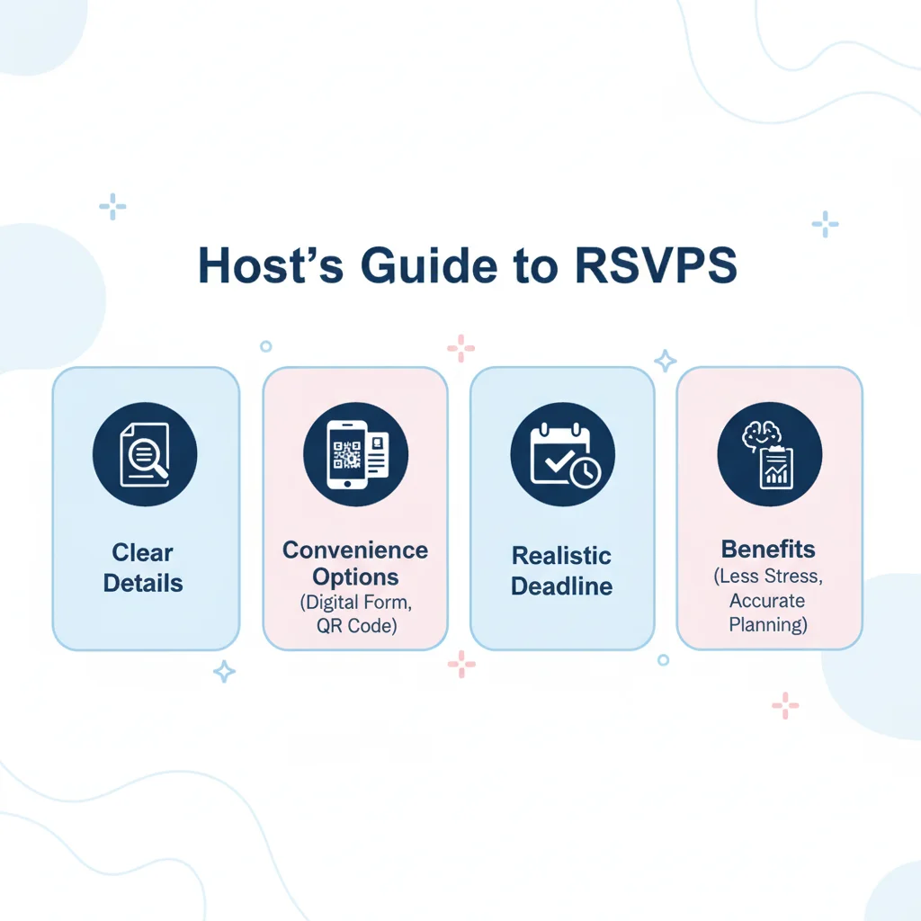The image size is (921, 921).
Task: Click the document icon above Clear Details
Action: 145,454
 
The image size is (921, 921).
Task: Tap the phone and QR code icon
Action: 355,453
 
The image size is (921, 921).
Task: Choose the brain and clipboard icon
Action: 769,453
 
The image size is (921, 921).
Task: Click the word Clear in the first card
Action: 143,552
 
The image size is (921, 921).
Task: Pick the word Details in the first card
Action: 143,583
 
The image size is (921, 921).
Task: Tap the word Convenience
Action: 355,550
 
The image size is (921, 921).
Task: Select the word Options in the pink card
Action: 355,577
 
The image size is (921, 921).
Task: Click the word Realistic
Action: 561,555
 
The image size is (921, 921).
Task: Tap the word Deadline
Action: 561,586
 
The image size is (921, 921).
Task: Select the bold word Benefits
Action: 768,549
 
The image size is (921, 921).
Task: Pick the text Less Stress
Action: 768,576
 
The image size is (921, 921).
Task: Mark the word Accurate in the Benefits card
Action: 767,600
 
